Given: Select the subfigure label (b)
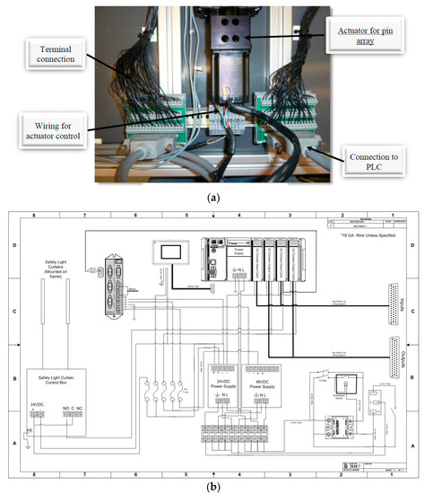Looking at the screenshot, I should click(x=212, y=486).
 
